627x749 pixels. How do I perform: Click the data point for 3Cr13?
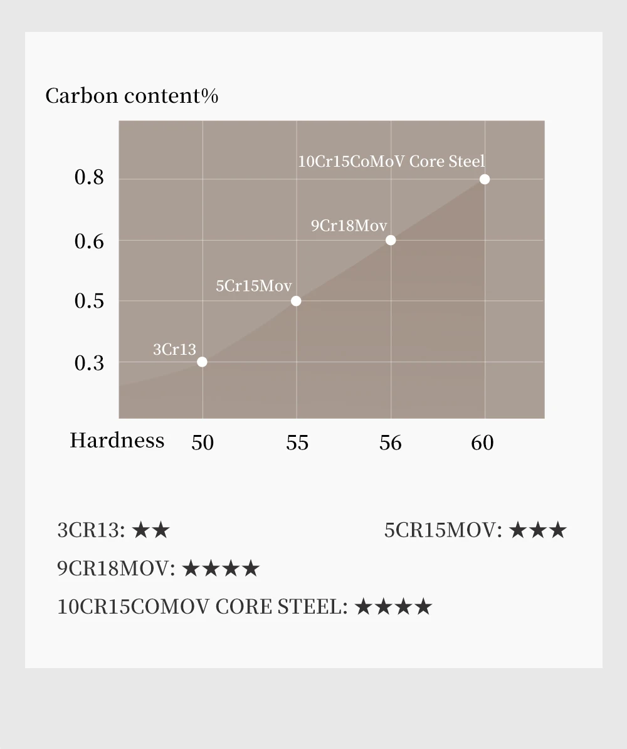tap(202, 362)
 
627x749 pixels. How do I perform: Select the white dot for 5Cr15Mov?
tap(296, 301)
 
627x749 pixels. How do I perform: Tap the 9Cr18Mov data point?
tap(391, 240)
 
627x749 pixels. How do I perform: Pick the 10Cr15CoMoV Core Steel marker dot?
tap(485, 179)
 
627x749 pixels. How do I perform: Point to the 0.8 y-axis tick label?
tap(89, 177)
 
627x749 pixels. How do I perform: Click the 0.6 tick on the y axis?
tap(89, 241)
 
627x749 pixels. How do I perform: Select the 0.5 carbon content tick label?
tap(89, 301)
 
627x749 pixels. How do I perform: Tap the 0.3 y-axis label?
tap(89, 363)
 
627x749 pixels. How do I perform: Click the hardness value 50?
tap(202, 443)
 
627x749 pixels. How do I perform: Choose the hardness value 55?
tap(297, 443)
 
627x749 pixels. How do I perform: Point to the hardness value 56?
tap(390, 443)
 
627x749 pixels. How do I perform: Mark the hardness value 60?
tap(482, 443)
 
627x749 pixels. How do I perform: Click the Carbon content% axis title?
tap(132, 96)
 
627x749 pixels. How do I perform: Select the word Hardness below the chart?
tap(117, 441)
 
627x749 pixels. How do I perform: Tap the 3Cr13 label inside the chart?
tap(174, 349)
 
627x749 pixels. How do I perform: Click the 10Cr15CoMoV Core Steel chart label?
tap(391, 162)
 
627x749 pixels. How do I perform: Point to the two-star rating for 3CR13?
tap(151, 530)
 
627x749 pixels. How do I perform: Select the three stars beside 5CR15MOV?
tap(537, 530)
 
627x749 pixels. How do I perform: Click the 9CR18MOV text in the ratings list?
tap(116, 568)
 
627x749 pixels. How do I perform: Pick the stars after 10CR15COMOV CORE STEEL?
tap(393, 607)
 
